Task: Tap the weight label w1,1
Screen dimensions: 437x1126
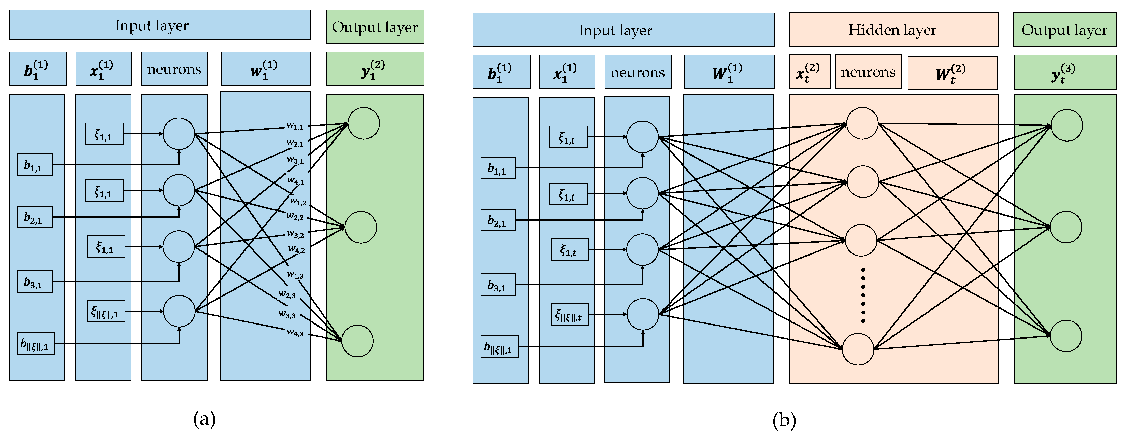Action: point(295,126)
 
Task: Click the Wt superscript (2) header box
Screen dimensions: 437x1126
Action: point(952,73)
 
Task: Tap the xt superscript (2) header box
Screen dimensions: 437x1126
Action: point(809,72)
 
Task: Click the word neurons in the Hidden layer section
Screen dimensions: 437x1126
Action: point(868,72)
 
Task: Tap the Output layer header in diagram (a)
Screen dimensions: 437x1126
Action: point(374,27)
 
